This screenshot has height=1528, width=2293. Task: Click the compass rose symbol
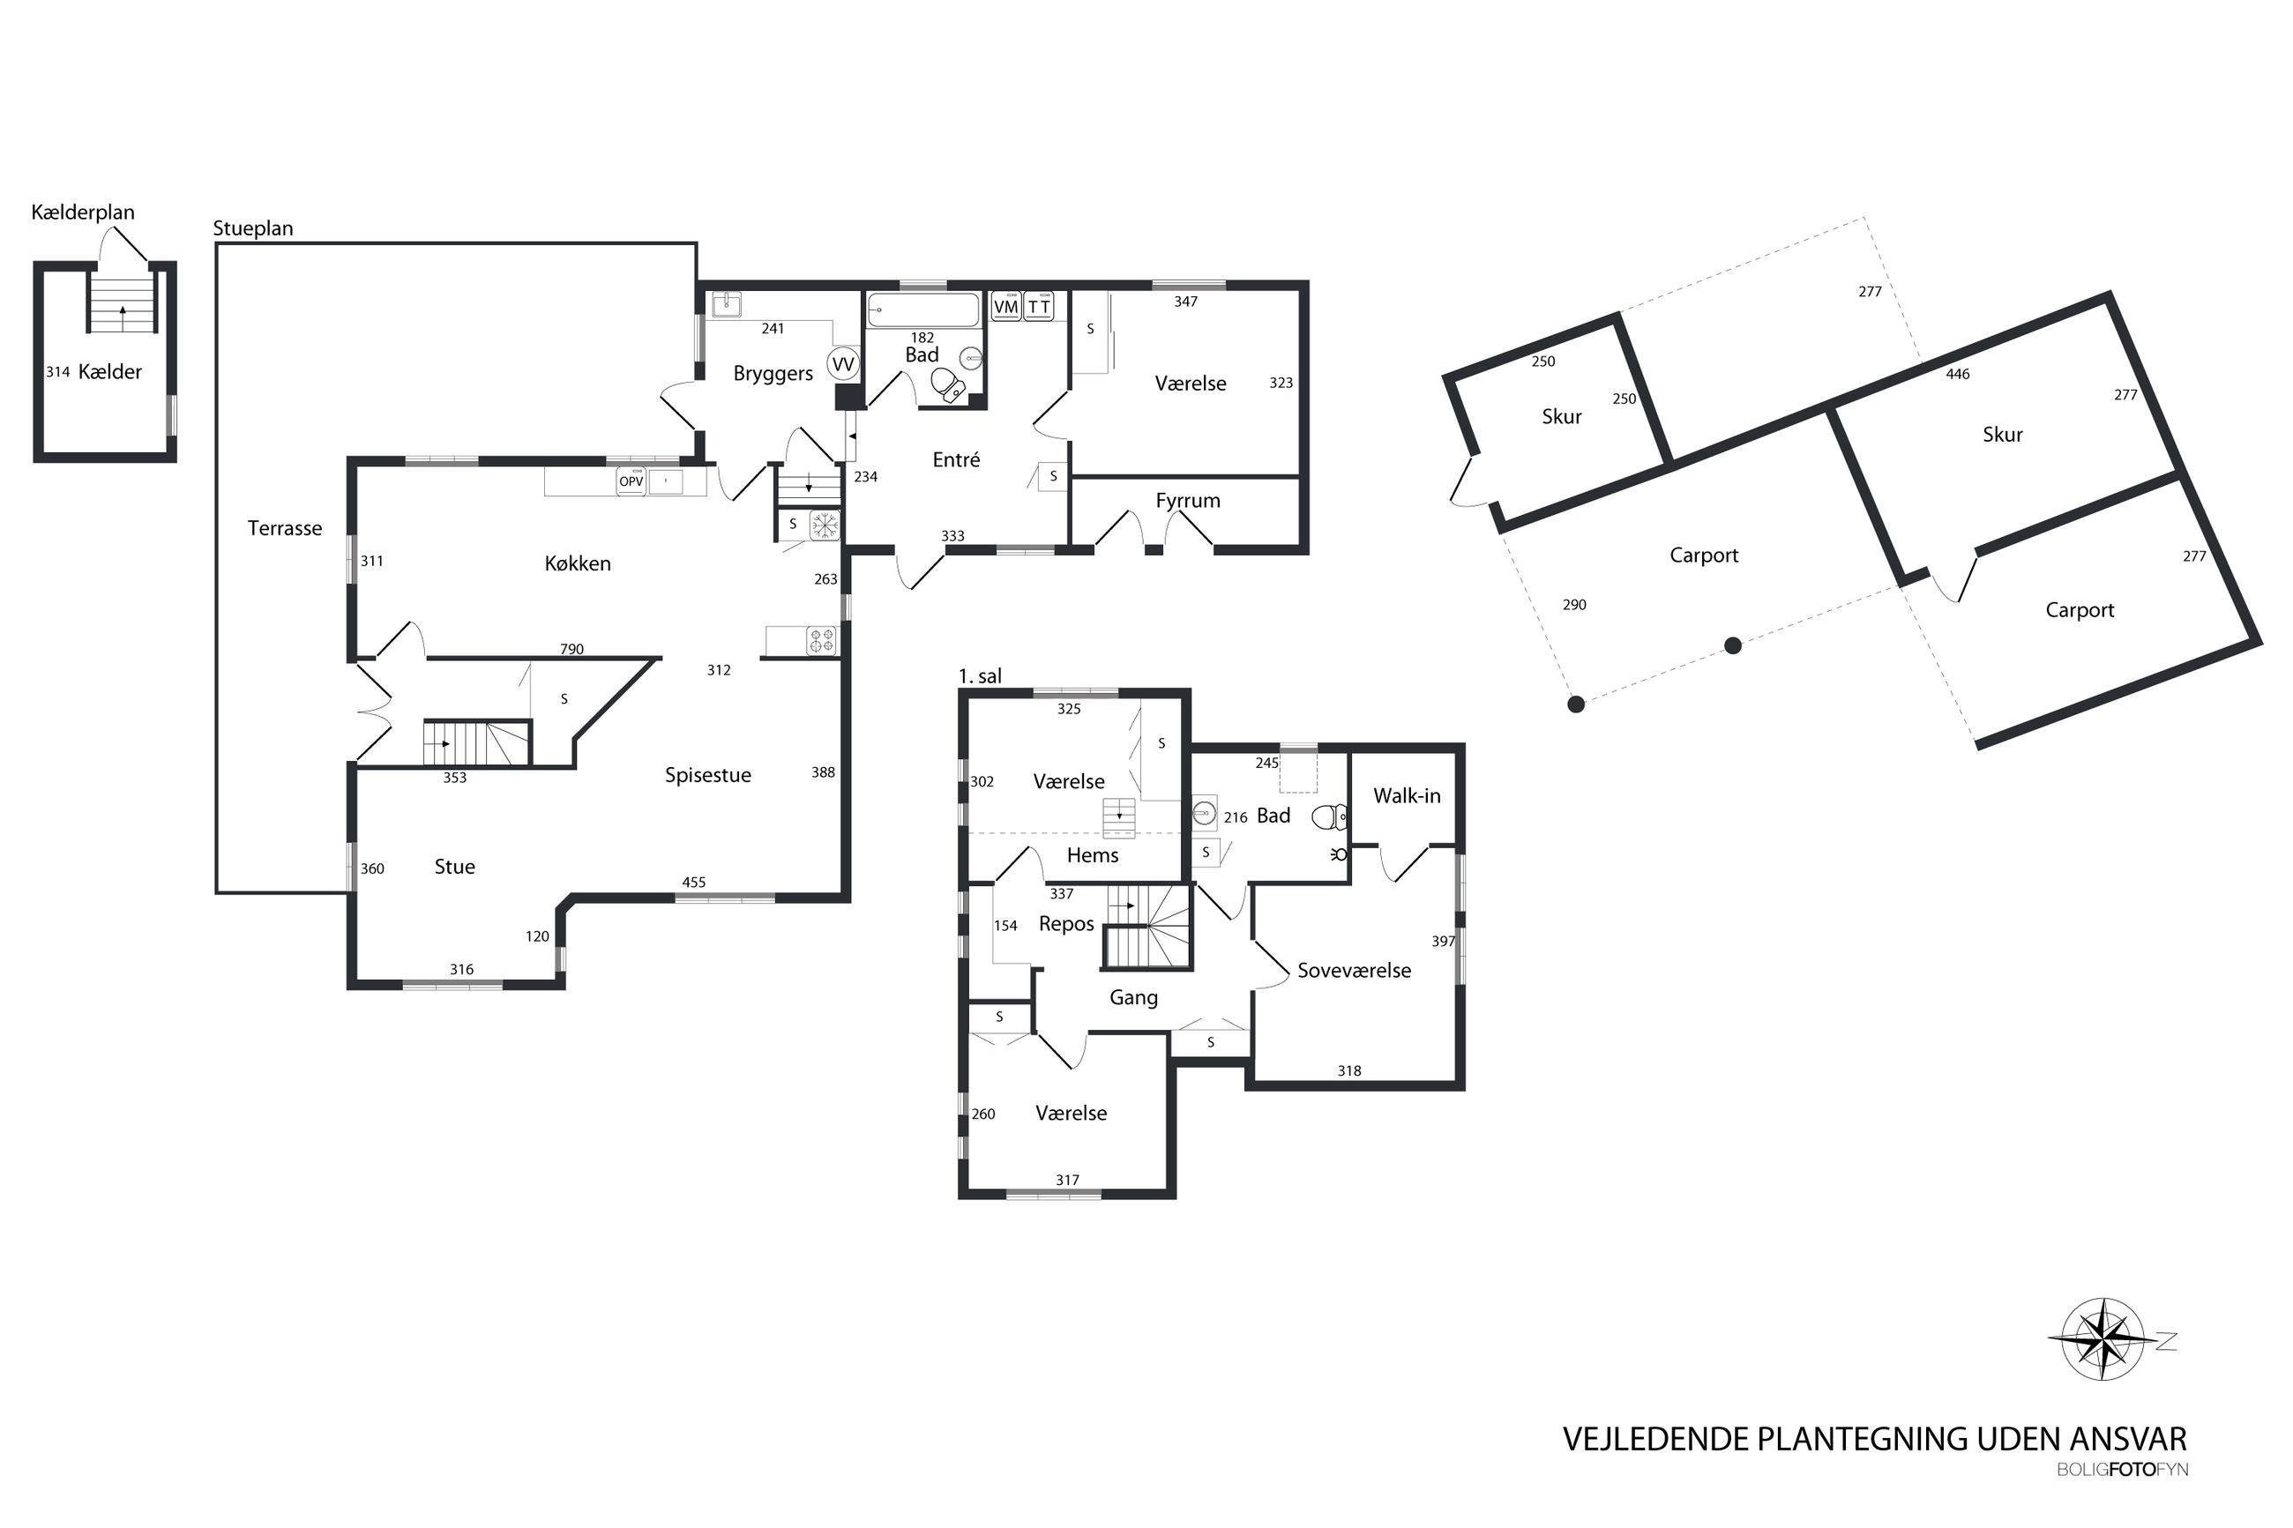pos(2103,1339)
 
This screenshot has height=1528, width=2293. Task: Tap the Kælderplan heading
pos(83,212)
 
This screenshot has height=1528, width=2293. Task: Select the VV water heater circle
pos(842,364)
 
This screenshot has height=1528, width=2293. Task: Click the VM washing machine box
pos(1005,306)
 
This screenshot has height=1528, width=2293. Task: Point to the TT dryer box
pos(1039,306)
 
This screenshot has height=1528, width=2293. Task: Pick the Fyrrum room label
pos(1187,501)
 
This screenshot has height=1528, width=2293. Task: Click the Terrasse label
pos(285,528)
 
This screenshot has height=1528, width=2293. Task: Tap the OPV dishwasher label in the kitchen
pos(631,481)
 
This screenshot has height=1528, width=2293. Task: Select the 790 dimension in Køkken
pos(572,649)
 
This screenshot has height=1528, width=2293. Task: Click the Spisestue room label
pos(707,776)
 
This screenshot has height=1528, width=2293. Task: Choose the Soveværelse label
pos(1354,971)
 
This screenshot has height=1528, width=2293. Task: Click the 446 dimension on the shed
pos(1958,374)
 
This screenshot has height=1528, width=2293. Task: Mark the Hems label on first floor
pos(1093,855)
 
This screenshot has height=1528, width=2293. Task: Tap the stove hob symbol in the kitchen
pos(821,640)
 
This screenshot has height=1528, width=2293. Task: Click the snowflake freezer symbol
pos(825,525)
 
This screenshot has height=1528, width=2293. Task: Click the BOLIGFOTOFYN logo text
pos(2123,1470)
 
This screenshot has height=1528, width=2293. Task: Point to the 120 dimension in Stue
pos(537,936)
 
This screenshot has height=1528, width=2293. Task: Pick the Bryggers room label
pos(773,374)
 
